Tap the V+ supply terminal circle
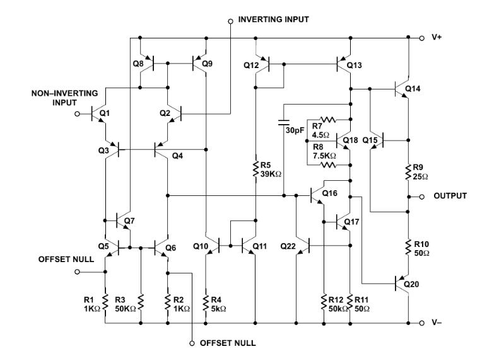click(x=423, y=38)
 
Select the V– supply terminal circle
click(x=423, y=324)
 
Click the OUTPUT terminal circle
click(x=423, y=197)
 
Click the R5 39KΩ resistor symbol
click(x=255, y=168)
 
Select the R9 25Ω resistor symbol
click(x=408, y=170)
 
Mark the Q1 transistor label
click(x=104, y=113)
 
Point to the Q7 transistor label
click(x=130, y=221)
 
